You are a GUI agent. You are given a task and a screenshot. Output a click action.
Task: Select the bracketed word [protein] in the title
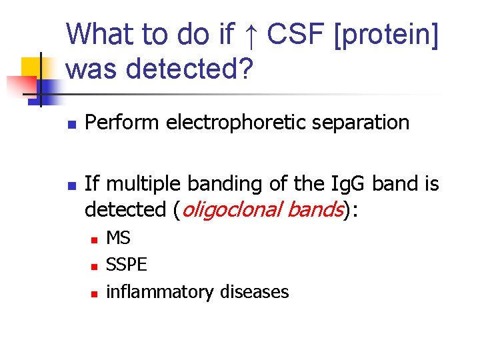385,35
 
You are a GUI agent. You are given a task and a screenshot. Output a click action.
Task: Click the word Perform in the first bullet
120,123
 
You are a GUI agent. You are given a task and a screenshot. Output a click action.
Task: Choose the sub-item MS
119,238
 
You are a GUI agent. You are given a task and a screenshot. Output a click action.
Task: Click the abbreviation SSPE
127,265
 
